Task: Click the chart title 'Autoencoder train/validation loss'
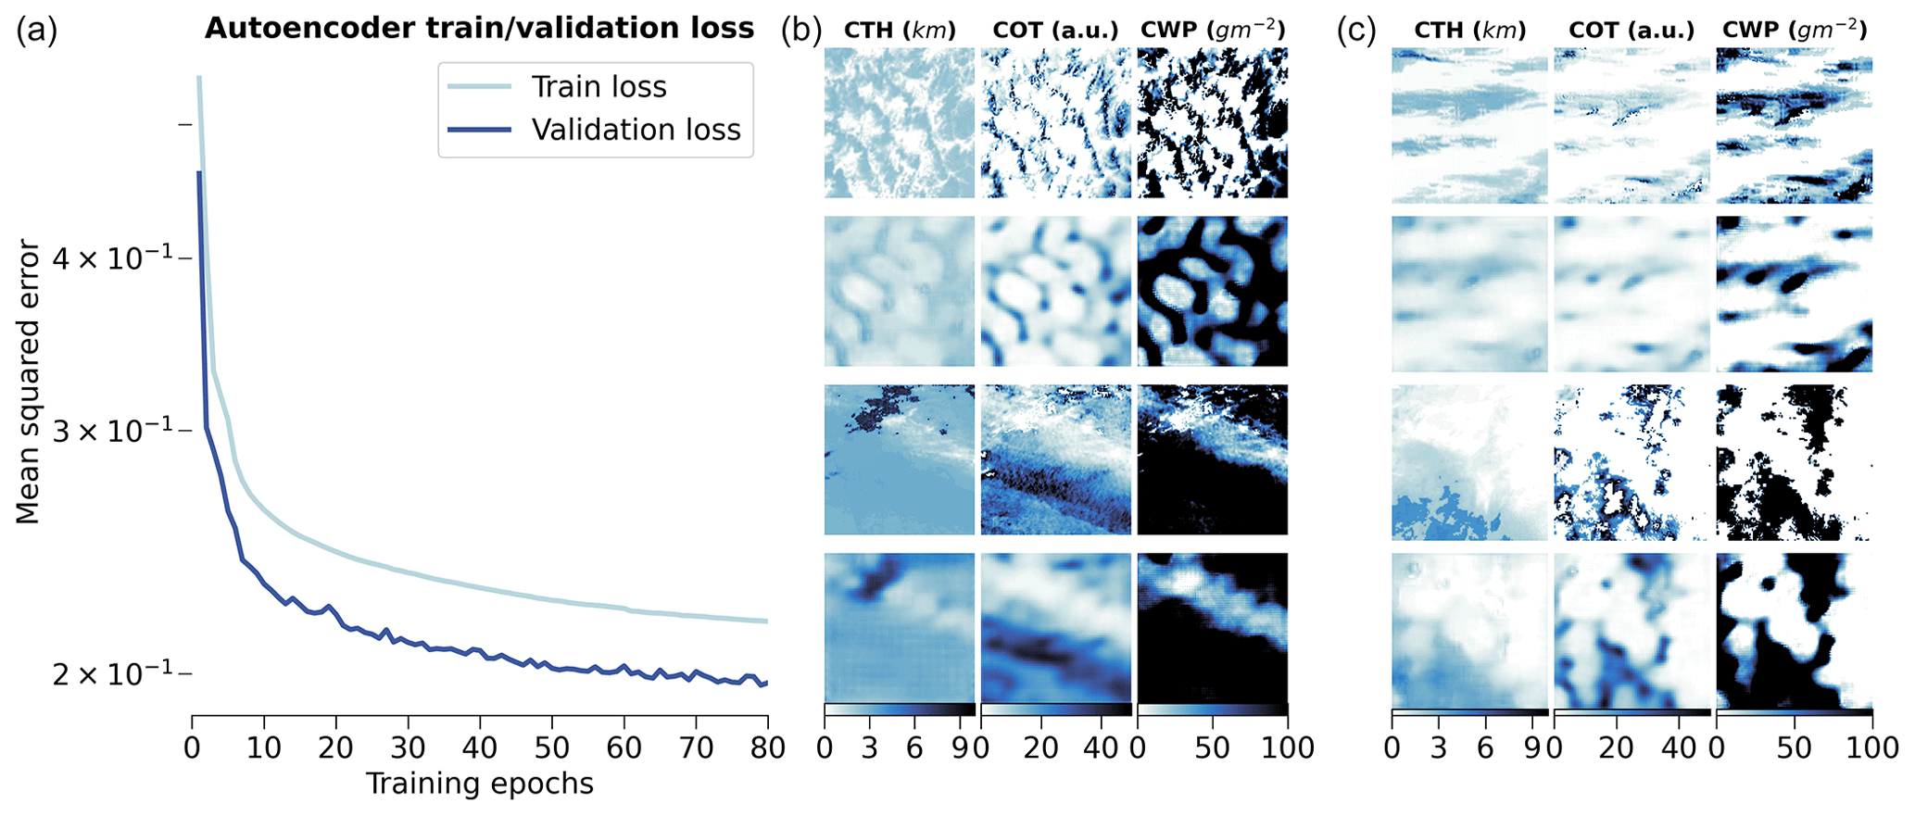click(479, 29)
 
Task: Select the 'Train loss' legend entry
click(598, 87)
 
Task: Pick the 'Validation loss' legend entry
click(636, 130)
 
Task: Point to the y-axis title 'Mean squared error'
click(29, 382)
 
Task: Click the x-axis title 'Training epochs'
click(479, 785)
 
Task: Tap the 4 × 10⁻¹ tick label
click(111, 258)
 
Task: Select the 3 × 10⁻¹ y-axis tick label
click(111, 431)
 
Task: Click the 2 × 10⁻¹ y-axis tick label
click(111, 673)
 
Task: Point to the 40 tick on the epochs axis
click(480, 747)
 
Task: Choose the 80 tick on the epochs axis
click(767, 747)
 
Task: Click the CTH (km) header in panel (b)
click(899, 31)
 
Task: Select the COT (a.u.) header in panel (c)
click(1632, 31)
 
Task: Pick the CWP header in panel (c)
click(1794, 31)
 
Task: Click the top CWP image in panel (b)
click(1212, 122)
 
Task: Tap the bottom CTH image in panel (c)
click(1469, 630)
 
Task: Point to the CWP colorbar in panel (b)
click(1212, 709)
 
